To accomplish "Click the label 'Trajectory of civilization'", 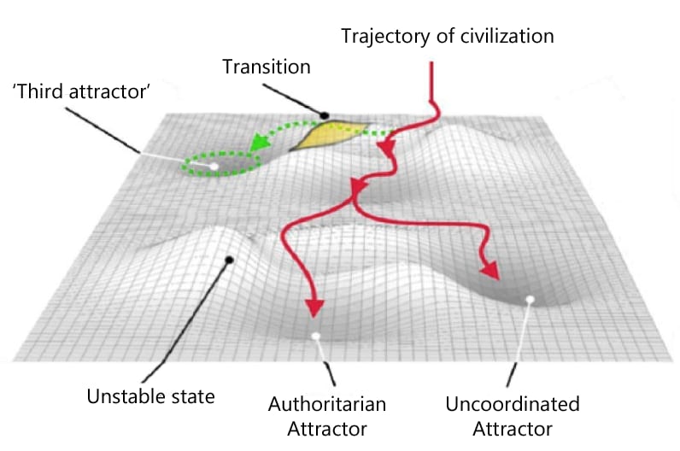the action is tap(448, 37).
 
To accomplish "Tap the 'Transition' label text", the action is tap(266, 67).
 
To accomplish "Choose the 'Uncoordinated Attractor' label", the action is tap(513, 413).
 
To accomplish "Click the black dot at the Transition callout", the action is tap(325, 114).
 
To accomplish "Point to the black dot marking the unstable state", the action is tap(228, 260).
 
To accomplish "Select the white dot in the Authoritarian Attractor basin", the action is tap(316, 337).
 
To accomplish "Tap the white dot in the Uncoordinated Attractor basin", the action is tap(531, 299).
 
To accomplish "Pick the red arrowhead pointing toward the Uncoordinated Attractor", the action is tap(489, 270).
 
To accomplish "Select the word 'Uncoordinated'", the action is tap(513, 403).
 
